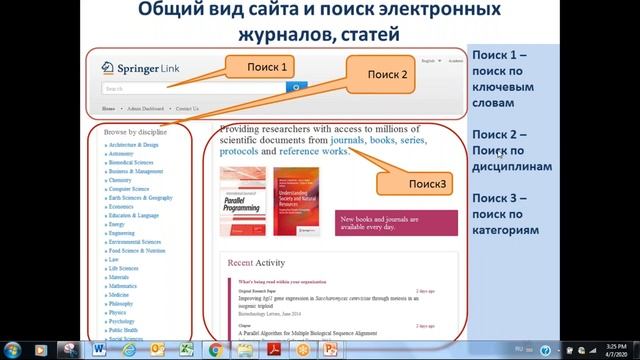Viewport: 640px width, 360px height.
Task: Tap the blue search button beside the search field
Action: point(294,88)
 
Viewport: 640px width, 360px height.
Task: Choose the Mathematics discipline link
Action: point(124,286)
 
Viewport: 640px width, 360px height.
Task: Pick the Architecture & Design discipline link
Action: point(134,144)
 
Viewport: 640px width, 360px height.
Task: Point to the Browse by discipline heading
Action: point(135,131)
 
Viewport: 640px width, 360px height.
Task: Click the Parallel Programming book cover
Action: point(243,201)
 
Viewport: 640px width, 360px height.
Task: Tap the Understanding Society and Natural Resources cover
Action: point(300,201)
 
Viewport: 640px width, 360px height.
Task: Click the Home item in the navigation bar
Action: point(108,108)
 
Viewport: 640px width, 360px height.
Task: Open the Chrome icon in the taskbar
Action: point(214,349)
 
